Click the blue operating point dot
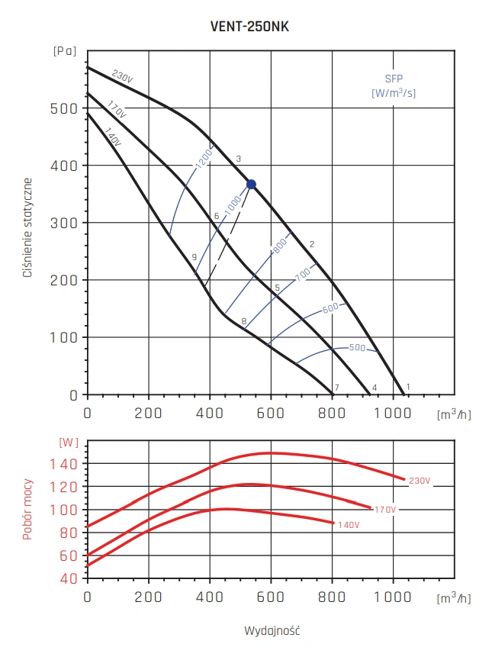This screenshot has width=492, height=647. tap(251, 185)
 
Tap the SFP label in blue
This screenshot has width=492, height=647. tap(394, 79)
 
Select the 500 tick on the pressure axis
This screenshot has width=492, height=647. tap(68, 108)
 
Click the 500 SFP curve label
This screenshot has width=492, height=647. tap(357, 347)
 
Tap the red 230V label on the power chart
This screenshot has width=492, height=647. tap(420, 481)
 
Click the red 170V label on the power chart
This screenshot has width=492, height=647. tap(386, 509)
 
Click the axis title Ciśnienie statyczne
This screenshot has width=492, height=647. tap(27, 227)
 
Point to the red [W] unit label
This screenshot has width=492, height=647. tap(69, 442)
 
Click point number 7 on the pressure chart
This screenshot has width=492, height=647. tap(336, 388)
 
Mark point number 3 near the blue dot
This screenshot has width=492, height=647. tap(239, 159)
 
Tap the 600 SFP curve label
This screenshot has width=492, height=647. tap(330, 308)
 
